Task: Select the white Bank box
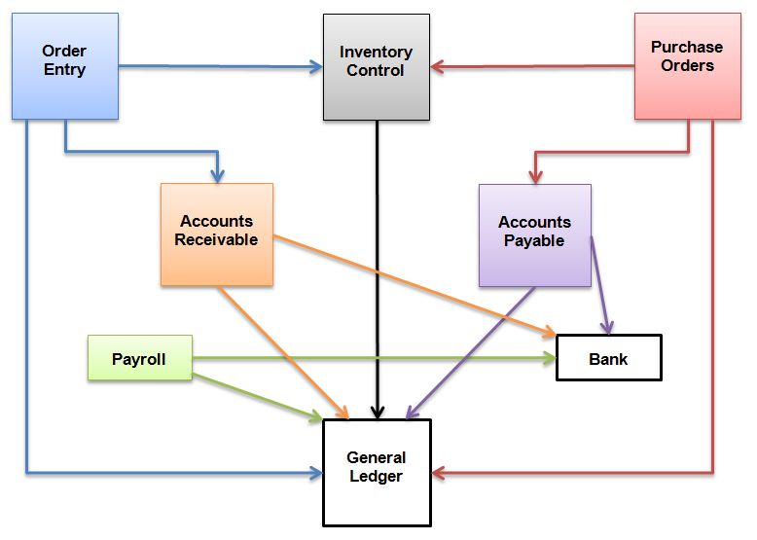point(608,358)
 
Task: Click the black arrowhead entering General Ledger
point(377,413)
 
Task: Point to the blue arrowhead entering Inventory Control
point(315,67)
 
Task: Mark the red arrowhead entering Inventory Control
point(438,67)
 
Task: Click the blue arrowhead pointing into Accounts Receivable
point(217,175)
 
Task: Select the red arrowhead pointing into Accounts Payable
point(534,176)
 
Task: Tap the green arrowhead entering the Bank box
point(548,358)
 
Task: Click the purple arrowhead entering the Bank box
point(608,327)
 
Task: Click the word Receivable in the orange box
point(217,240)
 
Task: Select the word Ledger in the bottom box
point(377,476)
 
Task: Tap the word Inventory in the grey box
point(376,53)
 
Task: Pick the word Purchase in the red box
point(687,47)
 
